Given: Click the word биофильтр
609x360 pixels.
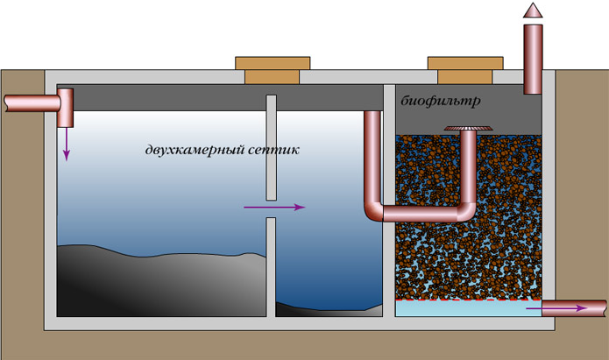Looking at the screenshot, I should tap(441, 102).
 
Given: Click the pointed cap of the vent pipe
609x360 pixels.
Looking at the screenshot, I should tap(533, 11).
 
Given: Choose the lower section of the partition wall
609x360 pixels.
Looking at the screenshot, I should tap(271, 266).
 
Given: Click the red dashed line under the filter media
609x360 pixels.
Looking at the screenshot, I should tap(464, 299).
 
